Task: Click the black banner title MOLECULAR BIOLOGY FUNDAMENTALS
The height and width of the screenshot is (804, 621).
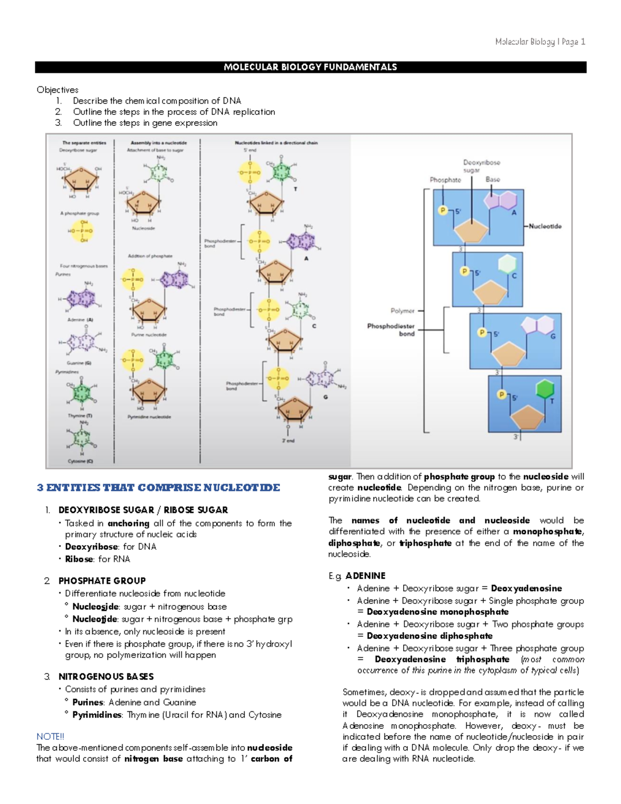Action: [x=310, y=67]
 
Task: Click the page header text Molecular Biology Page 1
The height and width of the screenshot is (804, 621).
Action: [x=540, y=42]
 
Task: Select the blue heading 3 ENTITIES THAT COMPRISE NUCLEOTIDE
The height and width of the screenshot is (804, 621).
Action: [x=158, y=488]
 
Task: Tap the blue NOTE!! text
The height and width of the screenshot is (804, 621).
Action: [x=50, y=736]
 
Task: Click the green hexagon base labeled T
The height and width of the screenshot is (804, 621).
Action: [x=544, y=389]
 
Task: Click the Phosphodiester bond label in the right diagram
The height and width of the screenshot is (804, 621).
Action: [x=391, y=330]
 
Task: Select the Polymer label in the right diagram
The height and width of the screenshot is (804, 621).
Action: [x=402, y=311]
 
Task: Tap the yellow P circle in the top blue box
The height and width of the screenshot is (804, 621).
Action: [x=442, y=210]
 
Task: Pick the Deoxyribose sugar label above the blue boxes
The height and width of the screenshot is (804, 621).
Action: [x=481, y=166]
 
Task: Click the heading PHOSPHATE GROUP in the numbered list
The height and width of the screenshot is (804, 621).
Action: [x=102, y=581]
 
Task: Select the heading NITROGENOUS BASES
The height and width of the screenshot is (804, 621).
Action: [x=106, y=677]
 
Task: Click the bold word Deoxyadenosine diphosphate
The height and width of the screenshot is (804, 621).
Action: [x=430, y=636]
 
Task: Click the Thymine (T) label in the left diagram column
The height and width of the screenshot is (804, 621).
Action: [x=80, y=416]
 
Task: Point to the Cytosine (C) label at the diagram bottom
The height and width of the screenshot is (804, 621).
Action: [x=80, y=461]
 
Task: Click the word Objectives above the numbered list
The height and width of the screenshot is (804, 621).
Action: [x=57, y=90]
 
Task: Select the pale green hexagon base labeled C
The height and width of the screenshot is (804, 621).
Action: [x=507, y=264]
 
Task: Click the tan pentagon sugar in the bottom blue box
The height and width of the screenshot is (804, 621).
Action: [x=527, y=417]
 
